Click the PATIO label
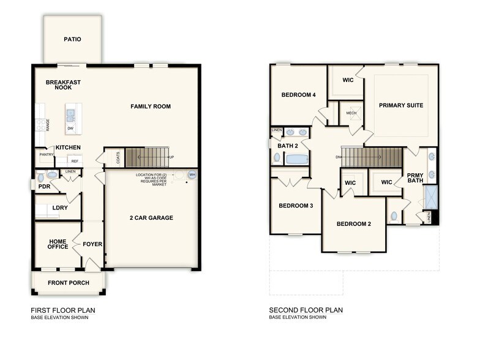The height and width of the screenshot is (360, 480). tap(73, 40)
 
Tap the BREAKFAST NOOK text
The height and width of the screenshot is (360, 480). tap(63, 85)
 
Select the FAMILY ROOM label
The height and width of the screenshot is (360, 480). tap(151, 107)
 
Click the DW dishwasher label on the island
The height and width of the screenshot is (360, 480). tap(71, 128)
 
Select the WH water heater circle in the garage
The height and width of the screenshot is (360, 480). tap(192, 175)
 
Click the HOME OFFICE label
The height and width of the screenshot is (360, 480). tap(58, 244)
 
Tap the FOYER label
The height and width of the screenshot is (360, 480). tap(92, 244)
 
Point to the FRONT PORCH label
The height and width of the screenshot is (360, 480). tap(69, 283)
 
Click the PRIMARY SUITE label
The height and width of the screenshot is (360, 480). tap(401, 105)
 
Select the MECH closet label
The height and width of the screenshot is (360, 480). tap(351, 113)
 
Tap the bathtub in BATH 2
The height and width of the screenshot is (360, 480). tap(297, 159)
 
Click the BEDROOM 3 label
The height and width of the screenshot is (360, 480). tap(296, 206)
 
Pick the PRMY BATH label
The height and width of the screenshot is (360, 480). tap(415, 178)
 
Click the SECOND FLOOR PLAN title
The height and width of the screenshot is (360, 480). tap(306, 310)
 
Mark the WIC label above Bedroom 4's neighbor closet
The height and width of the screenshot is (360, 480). tap(348, 80)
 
